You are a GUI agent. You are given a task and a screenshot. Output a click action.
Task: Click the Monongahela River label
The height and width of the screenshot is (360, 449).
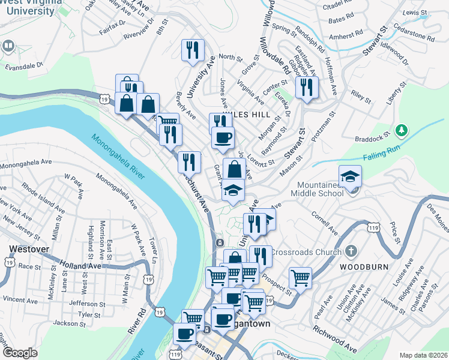pyautogui.click(x=118, y=155)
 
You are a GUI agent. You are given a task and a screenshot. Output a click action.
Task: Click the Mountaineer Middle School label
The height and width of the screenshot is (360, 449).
pyautogui.click(x=317, y=188)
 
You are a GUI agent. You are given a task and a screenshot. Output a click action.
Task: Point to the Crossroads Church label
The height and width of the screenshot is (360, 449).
pyautogui.click(x=306, y=252)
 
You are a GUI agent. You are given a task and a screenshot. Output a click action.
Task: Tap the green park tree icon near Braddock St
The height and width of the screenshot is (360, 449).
pyautogui.click(x=403, y=130)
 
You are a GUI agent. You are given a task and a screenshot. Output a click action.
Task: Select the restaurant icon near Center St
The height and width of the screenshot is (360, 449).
pyautogui.click(x=307, y=88)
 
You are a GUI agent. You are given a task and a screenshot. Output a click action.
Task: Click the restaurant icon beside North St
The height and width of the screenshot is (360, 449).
pyautogui.click(x=193, y=50)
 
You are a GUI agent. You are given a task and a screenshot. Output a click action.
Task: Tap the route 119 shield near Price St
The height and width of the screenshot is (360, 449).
pyautogui.click(x=373, y=228)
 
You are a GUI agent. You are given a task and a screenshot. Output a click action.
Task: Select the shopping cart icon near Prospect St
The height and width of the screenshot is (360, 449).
pyautogui.click(x=300, y=278)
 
